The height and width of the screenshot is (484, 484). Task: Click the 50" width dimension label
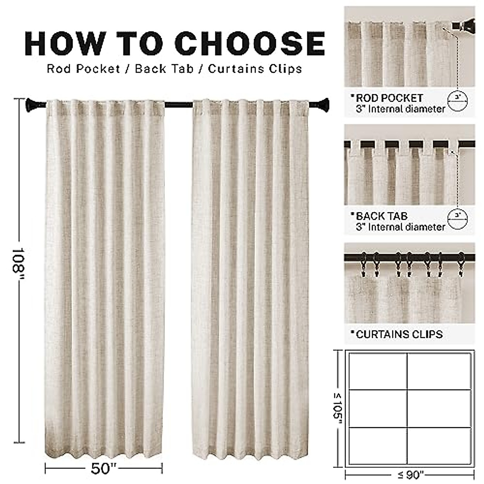coord(103,469)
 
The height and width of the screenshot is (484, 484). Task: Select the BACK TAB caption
coord(382,216)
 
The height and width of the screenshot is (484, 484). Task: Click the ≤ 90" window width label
coord(409,476)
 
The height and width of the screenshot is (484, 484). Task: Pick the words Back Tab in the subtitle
coord(164,69)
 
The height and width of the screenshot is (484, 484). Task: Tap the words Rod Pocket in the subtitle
coord(83,69)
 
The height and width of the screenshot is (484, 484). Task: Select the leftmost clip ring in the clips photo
coord(365,262)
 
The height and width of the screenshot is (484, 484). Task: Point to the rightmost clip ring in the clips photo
coord(461,262)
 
